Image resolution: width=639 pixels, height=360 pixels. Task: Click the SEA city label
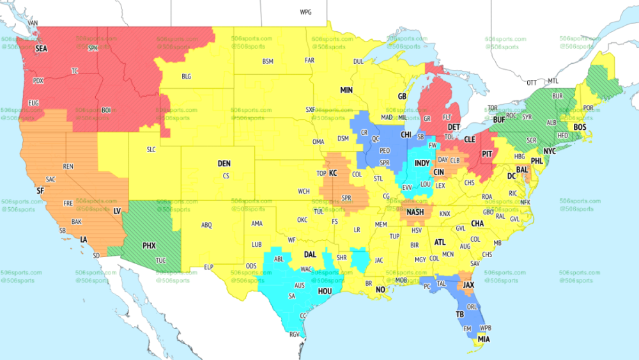pyautogui.click(x=42, y=49)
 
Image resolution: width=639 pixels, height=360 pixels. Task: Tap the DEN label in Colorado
pyautogui.click(x=224, y=164)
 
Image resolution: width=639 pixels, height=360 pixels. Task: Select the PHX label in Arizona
pyautogui.click(x=149, y=245)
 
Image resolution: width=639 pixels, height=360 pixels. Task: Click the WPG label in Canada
pyautogui.click(x=306, y=12)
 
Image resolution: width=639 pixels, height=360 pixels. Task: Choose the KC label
pyautogui.click(x=333, y=173)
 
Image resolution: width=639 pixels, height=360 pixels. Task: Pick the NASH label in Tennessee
pyautogui.click(x=415, y=212)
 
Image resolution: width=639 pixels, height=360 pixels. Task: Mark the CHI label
pyautogui.click(x=406, y=136)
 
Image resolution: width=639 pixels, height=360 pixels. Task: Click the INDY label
pyautogui.click(x=422, y=164)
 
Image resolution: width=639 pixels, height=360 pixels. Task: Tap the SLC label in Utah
pyautogui.click(x=151, y=150)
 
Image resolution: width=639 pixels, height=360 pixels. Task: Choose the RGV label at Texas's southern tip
pyautogui.click(x=295, y=334)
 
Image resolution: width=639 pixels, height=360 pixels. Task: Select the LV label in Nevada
pyautogui.click(x=117, y=210)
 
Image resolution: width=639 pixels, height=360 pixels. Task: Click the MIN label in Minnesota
pyautogui.click(x=346, y=90)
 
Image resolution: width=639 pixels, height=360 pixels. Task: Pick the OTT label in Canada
pyautogui.click(x=532, y=82)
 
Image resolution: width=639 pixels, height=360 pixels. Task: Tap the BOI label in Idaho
pyautogui.click(x=106, y=110)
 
